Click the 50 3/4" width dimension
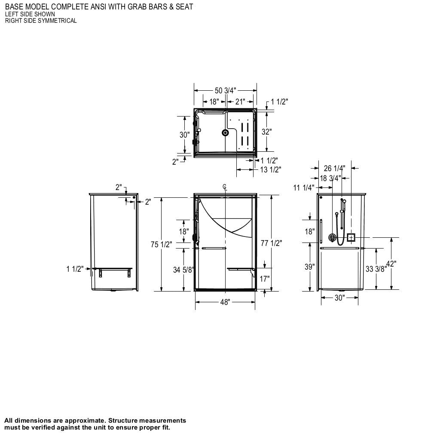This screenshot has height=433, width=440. pyautogui.click(x=225, y=90)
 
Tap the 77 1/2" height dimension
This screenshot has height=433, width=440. pyautogui.click(x=271, y=243)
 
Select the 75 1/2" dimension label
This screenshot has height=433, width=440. pyautogui.click(x=161, y=244)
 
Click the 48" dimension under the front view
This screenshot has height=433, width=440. pyautogui.click(x=225, y=302)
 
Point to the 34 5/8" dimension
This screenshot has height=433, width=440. pyautogui.click(x=183, y=270)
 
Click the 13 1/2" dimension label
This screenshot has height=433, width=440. pyautogui.click(x=270, y=169)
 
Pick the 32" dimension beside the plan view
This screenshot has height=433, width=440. pyautogui.click(x=266, y=132)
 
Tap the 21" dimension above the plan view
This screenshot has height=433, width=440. pyautogui.click(x=240, y=101)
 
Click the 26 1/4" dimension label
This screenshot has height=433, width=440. pyautogui.click(x=334, y=168)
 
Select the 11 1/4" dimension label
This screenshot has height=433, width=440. pyautogui.click(x=303, y=187)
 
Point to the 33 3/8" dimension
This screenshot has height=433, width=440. pyautogui.click(x=376, y=269)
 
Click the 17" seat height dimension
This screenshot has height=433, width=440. pyautogui.click(x=265, y=279)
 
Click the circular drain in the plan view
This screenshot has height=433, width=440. pyautogui.click(x=225, y=133)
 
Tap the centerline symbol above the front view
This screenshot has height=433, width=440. pyautogui.click(x=224, y=187)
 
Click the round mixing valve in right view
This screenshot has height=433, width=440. pyautogui.click(x=332, y=237)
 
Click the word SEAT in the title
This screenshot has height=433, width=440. pyautogui.click(x=184, y=6)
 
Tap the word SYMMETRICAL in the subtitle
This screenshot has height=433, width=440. pyautogui.click(x=57, y=21)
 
